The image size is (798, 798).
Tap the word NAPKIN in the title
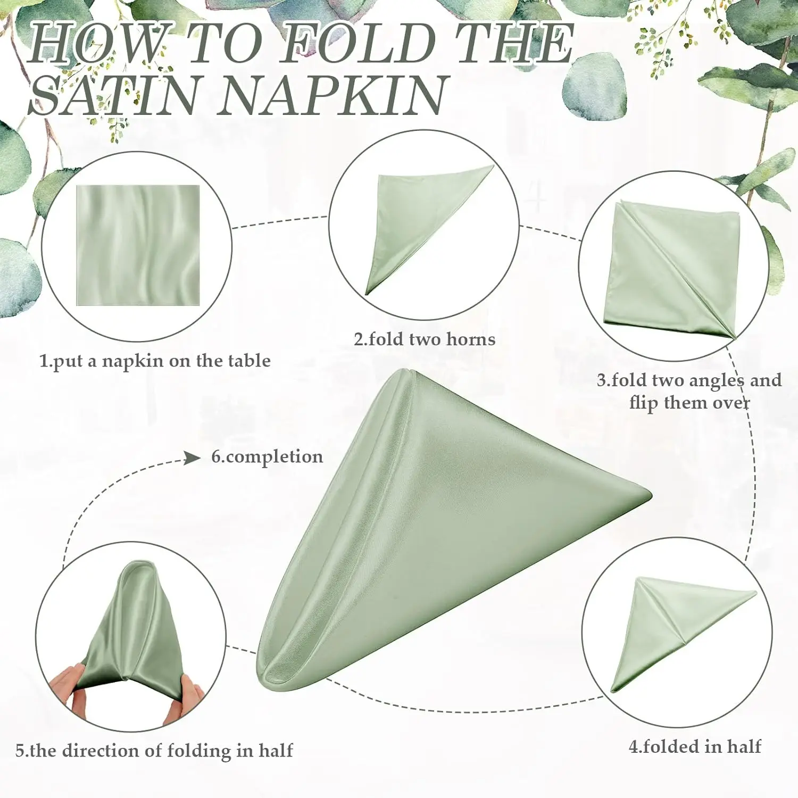coord(332,95)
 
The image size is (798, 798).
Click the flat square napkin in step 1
coord(138,245)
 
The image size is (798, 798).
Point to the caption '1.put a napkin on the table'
coord(155,361)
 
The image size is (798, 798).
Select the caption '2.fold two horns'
coord(425,339)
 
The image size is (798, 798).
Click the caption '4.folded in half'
coord(695,746)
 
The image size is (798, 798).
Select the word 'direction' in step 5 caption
coord(99,751)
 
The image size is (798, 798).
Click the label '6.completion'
coord(267,457)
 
